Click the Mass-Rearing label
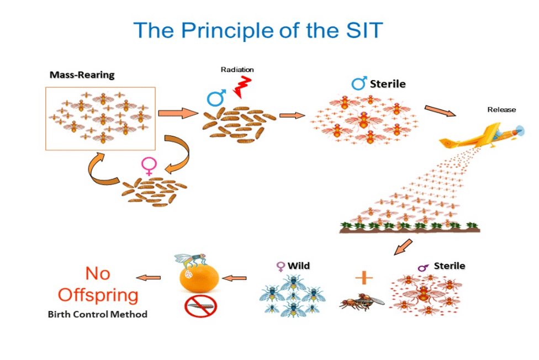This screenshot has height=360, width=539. (x=82, y=75)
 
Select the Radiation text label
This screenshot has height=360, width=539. (x=237, y=70)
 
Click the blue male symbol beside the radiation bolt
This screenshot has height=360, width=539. (x=216, y=98)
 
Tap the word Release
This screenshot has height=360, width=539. (x=501, y=109)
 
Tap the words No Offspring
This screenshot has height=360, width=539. (x=98, y=284)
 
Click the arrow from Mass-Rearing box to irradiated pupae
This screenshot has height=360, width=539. (x=177, y=114)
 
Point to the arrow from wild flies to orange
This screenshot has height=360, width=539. (x=234, y=278)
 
